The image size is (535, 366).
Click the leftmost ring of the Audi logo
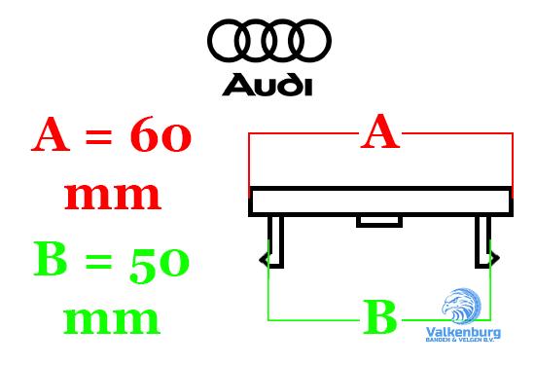point(230,41)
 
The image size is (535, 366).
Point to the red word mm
point(112,195)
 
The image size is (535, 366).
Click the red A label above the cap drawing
point(380,132)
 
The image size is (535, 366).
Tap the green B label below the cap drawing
point(380,318)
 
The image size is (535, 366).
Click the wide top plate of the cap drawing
point(380,201)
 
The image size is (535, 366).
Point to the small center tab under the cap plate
point(379,221)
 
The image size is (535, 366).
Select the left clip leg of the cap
point(274,241)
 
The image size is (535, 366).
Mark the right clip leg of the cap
point(483,241)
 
